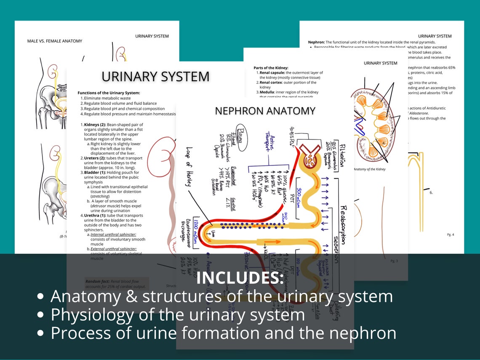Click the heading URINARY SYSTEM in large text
tap(155, 77)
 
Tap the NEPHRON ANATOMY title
tap(265, 111)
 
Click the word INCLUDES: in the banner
tap(240, 278)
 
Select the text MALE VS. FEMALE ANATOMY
tap(55, 41)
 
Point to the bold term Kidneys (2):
tap(93, 125)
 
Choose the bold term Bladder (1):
tap(93, 173)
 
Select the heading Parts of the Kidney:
tap(271, 68)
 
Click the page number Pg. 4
tap(450, 235)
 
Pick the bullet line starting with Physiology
tap(178, 315)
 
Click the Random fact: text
tap(95, 281)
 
